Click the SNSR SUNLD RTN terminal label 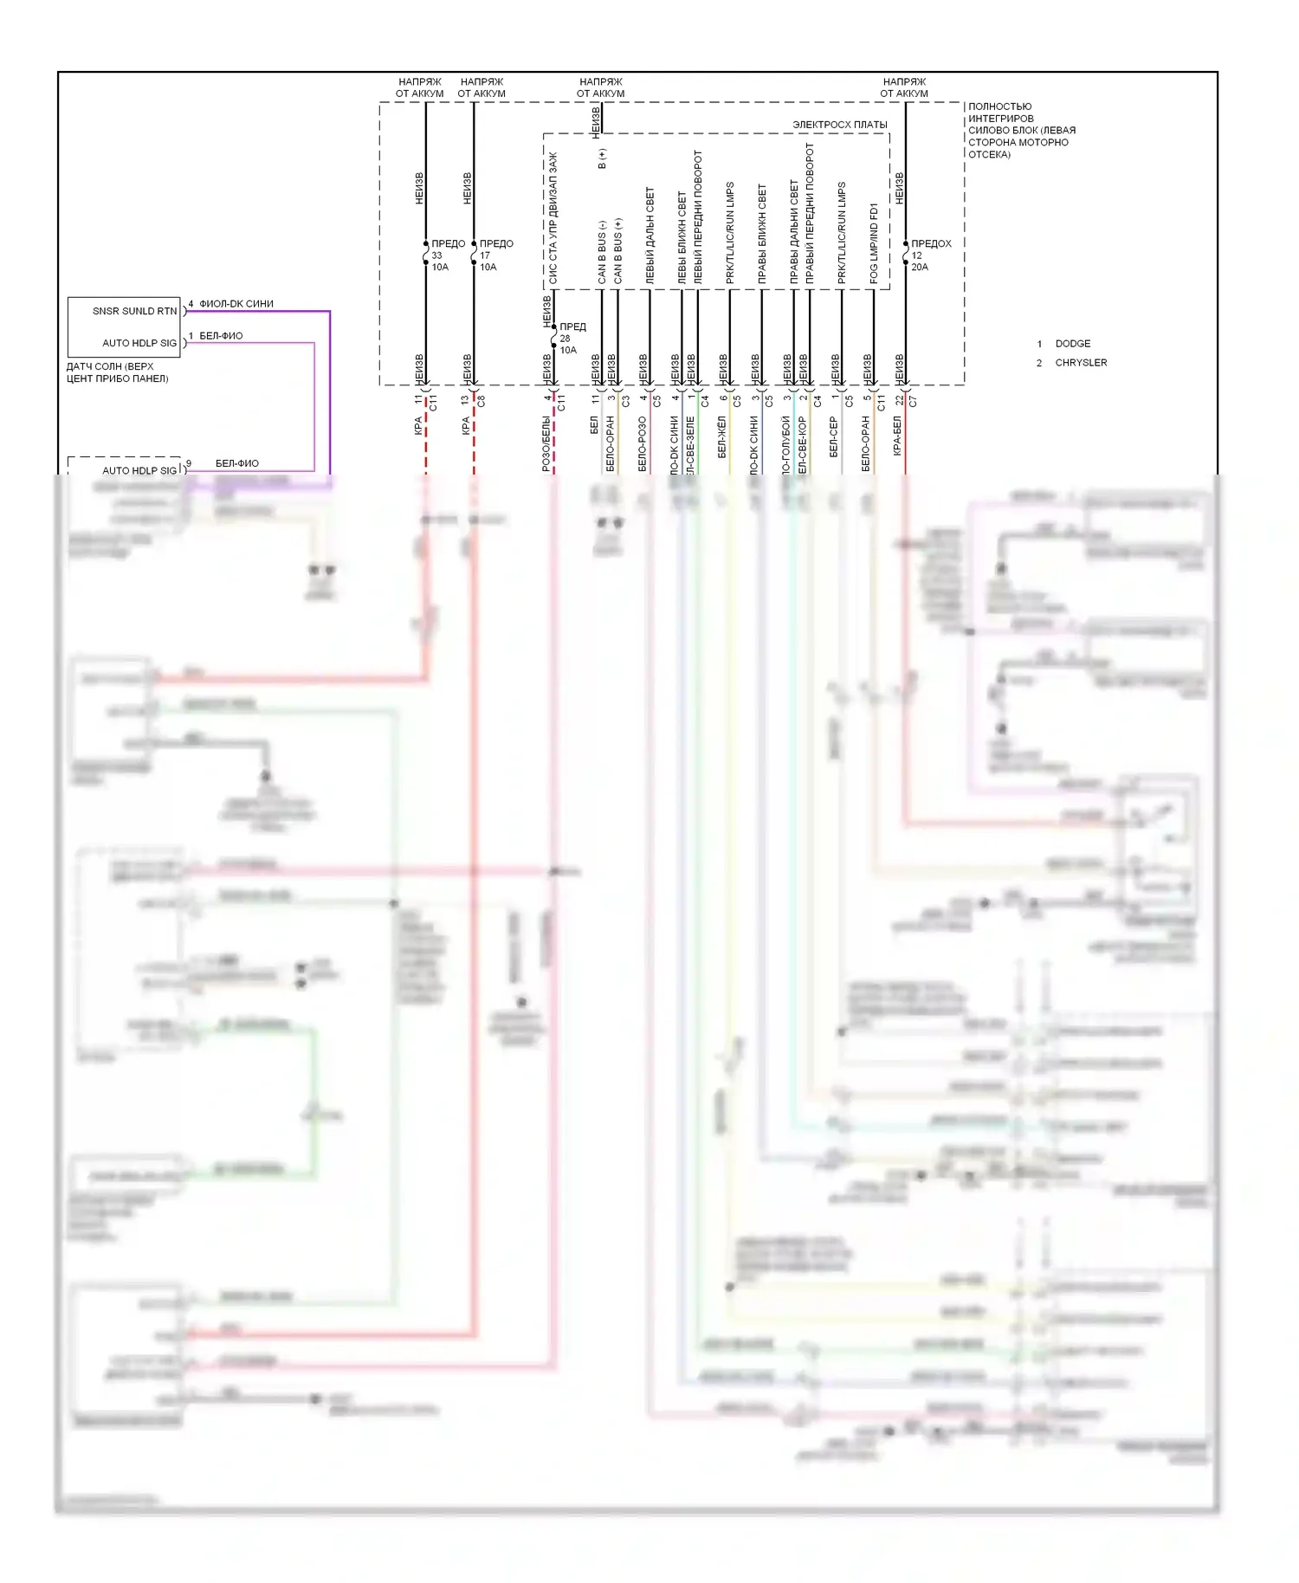click(x=134, y=311)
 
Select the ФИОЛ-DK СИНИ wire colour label click(x=236, y=304)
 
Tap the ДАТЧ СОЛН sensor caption click(x=117, y=372)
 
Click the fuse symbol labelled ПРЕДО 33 click(x=426, y=256)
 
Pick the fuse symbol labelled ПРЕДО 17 click(x=474, y=256)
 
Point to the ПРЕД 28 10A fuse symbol click(x=554, y=338)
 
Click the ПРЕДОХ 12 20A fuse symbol click(x=906, y=256)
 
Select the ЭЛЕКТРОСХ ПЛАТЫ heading click(x=839, y=125)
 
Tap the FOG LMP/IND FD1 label click(x=874, y=243)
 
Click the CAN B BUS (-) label click(x=602, y=252)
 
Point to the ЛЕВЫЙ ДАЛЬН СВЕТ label click(x=649, y=236)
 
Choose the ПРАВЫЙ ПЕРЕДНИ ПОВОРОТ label click(x=810, y=213)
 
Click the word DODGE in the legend click(x=1072, y=344)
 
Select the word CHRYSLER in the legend click(x=1080, y=363)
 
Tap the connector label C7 click(x=913, y=402)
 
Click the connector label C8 click(x=481, y=402)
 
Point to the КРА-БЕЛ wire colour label click(x=897, y=436)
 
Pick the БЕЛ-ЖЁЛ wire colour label click(x=721, y=436)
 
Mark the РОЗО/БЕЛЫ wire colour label click(x=546, y=443)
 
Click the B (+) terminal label click(x=602, y=158)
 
